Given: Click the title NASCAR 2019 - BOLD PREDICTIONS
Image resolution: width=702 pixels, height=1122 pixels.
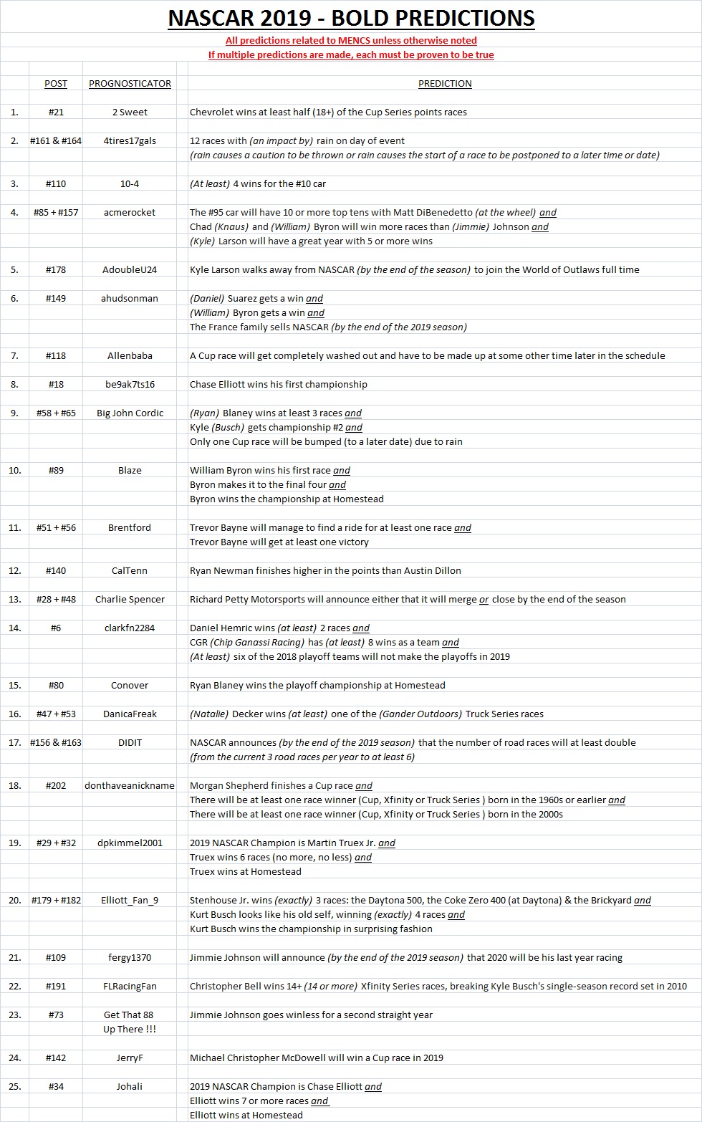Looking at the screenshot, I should coord(351,17).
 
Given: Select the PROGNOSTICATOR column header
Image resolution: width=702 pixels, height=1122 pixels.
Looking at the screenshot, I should coord(130,83).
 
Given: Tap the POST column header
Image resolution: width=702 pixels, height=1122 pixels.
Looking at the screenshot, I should coord(56,83).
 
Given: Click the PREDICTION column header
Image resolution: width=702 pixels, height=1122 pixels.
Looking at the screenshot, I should coord(445,83).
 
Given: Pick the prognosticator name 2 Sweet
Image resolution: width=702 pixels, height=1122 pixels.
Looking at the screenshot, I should coord(130,112).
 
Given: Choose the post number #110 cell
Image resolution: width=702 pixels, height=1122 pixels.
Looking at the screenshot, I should coord(56,183).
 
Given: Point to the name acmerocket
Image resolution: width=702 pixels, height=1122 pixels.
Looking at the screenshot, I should coord(130,212).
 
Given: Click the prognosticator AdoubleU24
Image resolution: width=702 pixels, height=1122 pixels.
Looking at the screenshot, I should coord(130,269).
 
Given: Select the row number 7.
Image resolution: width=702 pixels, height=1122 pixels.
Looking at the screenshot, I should coord(14,355).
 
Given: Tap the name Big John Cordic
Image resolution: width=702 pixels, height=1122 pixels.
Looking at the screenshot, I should coord(130,413).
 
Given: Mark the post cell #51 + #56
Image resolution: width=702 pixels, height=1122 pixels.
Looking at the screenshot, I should coord(56,527).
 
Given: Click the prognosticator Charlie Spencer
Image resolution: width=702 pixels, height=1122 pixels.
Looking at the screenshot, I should coord(130,599).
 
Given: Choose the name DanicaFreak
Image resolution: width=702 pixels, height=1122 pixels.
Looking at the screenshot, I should coord(130,714).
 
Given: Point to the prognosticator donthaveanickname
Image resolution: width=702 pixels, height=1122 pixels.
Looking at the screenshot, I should coord(130,785).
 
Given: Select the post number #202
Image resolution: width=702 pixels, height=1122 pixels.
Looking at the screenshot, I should coord(56,785).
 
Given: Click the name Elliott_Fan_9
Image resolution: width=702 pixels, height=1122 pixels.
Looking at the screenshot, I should coord(130,900).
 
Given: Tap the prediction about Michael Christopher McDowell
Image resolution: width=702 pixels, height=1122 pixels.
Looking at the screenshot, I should coord(316,1058).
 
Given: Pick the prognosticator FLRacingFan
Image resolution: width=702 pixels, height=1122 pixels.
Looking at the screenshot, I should coord(130,986).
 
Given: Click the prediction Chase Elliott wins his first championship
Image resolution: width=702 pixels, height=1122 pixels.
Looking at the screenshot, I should coord(278,384).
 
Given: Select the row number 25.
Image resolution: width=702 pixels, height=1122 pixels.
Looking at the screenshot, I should coord(14,1086).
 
